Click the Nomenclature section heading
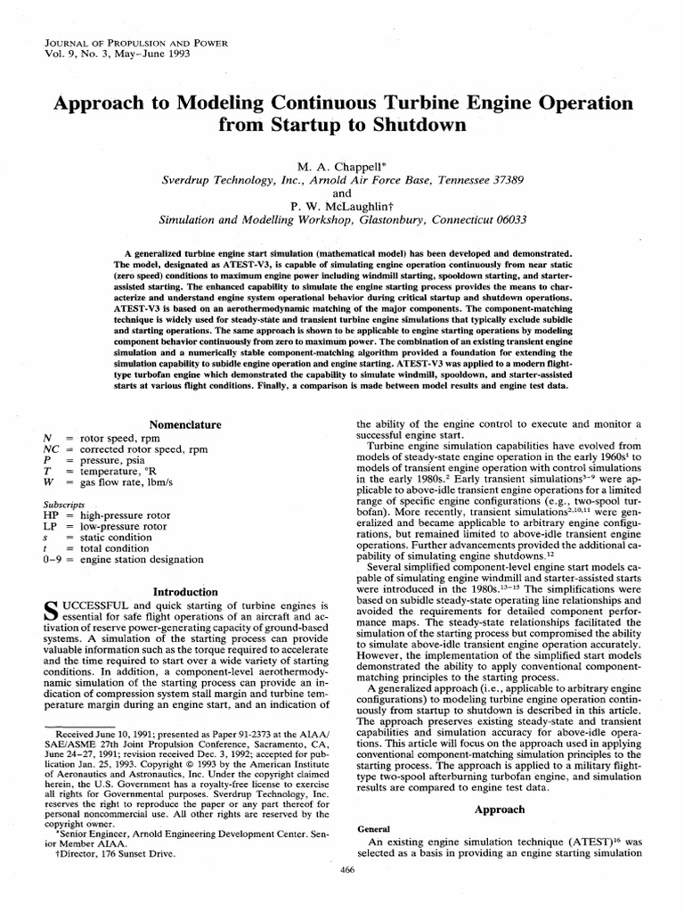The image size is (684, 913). click(185, 424)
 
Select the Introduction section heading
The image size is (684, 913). click(185, 591)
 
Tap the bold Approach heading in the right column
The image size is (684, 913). click(499, 810)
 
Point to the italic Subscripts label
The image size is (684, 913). click(65, 504)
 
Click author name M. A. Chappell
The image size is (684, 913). click(343, 165)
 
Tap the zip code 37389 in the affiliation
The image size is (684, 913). click(503, 178)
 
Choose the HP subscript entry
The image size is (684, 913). click(52, 515)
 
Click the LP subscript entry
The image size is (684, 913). click(51, 526)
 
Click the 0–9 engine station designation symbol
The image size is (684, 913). click(53, 559)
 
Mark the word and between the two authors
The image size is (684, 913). click(343, 192)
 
